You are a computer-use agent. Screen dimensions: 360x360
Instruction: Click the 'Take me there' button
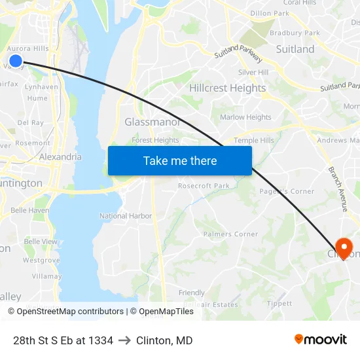pyautogui.click(x=180, y=161)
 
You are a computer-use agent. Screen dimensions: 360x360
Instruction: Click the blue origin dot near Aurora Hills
pyautogui.click(x=16, y=61)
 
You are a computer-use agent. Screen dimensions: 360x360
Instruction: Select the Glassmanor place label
pyautogui.click(x=152, y=122)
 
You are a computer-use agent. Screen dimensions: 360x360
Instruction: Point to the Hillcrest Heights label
pyautogui.click(x=227, y=88)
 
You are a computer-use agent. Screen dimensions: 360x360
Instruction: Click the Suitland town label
pyautogui.click(x=295, y=49)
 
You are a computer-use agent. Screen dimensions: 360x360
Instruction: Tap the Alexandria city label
pyautogui.click(x=60, y=157)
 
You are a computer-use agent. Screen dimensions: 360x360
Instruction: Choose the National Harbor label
pyautogui.click(x=126, y=216)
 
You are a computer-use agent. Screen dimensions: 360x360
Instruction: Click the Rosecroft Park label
pyautogui.click(x=204, y=186)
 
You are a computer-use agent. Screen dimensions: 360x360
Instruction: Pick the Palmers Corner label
pyautogui.click(x=230, y=234)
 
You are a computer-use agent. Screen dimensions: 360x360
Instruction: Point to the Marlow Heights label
pyautogui.click(x=245, y=118)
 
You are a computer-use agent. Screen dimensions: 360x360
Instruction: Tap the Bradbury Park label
pyautogui.click(x=295, y=33)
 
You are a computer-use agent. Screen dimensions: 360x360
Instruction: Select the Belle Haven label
pyautogui.click(x=29, y=210)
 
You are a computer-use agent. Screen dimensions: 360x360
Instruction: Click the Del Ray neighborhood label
pyautogui.click(x=31, y=122)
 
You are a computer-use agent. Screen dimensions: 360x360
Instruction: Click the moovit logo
pyautogui.click(x=320, y=339)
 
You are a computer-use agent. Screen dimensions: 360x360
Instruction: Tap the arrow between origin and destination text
pyautogui.click(x=124, y=340)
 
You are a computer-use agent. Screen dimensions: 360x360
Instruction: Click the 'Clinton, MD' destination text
pyautogui.click(x=164, y=340)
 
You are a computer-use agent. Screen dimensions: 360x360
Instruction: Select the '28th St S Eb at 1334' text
pyautogui.click(x=63, y=340)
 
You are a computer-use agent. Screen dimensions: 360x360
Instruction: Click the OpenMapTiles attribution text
pyautogui.click(x=162, y=312)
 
